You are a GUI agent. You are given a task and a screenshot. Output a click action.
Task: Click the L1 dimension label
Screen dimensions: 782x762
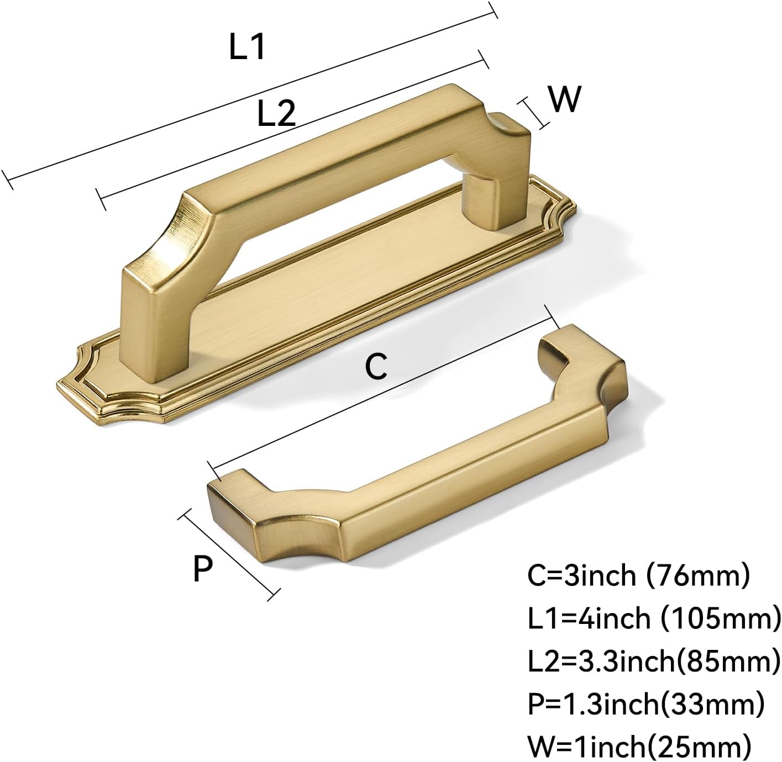point(246,47)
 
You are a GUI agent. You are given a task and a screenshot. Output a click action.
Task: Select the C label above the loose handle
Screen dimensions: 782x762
point(376,366)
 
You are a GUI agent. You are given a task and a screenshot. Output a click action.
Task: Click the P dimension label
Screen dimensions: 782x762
point(203,568)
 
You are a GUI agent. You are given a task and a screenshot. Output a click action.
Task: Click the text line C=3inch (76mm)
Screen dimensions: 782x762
point(638,575)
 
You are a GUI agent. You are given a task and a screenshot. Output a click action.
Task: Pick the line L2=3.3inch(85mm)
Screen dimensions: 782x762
point(654,662)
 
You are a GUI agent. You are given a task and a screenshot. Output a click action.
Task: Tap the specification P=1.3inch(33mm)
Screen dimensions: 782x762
point(646,704)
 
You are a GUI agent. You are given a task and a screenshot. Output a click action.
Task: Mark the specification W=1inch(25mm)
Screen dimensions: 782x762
point(639,747)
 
